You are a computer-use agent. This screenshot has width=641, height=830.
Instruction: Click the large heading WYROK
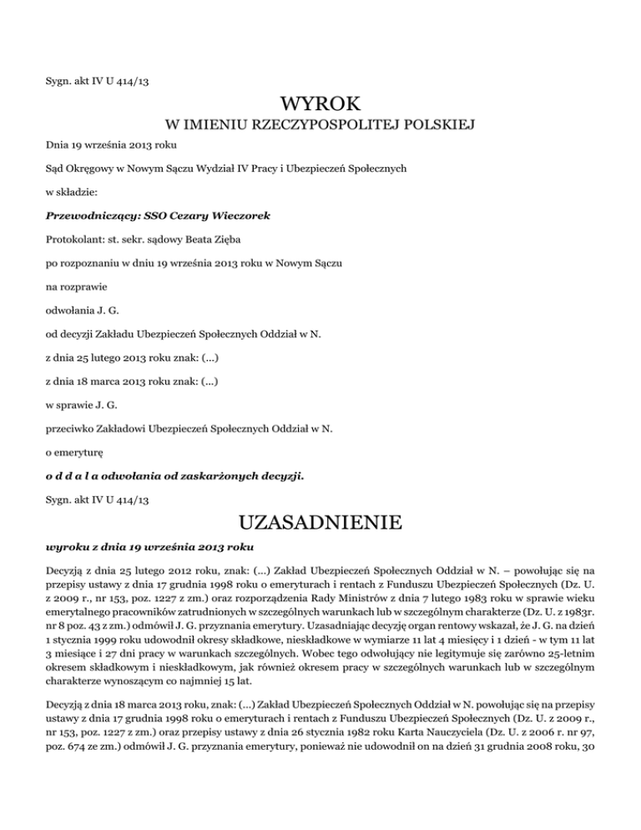[x=320, y=104]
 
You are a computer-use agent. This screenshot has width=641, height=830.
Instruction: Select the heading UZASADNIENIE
[x=320, y=524]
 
